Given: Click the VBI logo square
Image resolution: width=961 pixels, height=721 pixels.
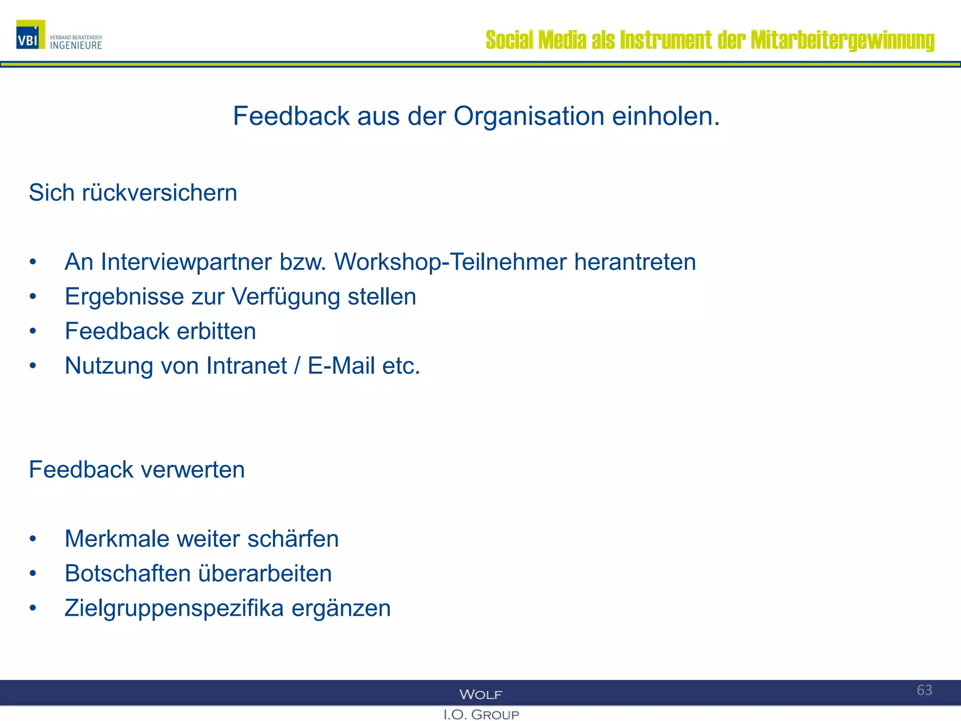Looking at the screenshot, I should click(31, 35).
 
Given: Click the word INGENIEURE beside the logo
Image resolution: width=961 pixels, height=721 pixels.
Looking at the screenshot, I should click(76, 46).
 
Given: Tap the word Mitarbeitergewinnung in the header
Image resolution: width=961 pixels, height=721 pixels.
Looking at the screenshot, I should click(842, 40).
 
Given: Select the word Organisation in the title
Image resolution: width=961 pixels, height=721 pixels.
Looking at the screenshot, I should click(529, 116).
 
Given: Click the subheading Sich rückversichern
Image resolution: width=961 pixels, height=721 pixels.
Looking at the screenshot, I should click(133, 193).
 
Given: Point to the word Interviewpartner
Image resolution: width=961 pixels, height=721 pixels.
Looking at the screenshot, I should click(186, 262).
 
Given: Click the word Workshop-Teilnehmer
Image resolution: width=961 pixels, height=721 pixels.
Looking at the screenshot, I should click(450, 262).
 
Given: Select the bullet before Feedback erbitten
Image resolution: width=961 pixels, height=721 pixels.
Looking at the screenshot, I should click(32, 331).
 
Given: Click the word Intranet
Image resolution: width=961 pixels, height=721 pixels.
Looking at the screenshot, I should click(246, 366).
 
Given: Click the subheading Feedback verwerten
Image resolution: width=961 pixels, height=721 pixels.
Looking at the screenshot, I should click(137, 470).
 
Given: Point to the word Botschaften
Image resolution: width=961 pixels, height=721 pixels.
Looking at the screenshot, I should click(127, 574).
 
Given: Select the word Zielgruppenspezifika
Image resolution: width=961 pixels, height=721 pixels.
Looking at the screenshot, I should click(174, 608).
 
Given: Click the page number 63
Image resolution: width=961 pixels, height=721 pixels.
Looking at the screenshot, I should click(924, 690).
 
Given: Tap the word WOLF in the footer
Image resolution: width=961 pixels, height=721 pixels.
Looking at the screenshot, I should click(480, 694).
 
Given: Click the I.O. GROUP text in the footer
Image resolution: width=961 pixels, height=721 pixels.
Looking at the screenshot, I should click(481, 714).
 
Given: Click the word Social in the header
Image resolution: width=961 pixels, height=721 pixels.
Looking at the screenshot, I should click(509, 40).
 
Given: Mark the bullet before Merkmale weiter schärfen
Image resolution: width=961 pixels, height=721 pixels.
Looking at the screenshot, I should click(32, 539).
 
